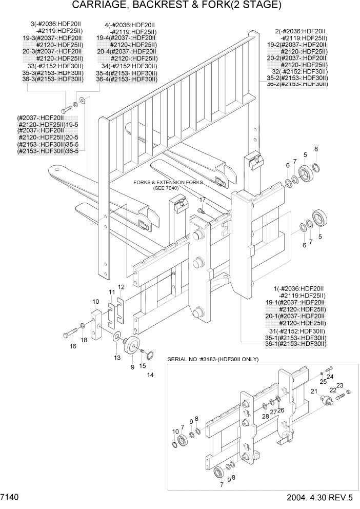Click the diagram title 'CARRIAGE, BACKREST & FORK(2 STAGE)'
(x=177, y=6)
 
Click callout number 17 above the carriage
(x=203, y=200)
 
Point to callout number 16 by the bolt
(x=73, y=346)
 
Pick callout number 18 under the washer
(x=84, y=340)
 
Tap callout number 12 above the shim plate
(x=122, y=287)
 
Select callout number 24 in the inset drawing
(x=330, y=376)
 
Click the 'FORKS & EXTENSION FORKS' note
(x=168, y=182)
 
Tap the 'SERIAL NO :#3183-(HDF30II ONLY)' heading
(x=213, y=359)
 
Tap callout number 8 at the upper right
(x=316, y=149)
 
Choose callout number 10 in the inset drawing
(x=175, y=431)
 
